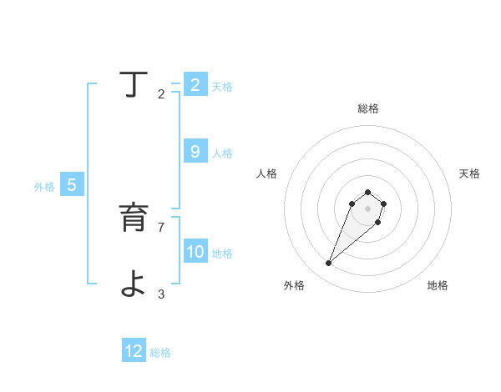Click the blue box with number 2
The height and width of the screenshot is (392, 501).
195,85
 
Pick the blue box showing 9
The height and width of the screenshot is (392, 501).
195,152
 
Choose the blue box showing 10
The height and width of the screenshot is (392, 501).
195,252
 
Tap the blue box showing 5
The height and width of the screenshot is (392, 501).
72,186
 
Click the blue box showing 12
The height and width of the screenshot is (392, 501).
134,352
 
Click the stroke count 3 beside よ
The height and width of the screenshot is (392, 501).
160,294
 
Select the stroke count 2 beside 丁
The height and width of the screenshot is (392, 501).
160,94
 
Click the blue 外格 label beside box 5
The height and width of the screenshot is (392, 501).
44,187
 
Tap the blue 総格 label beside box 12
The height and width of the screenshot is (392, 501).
160,353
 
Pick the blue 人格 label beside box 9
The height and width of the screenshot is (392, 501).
222,153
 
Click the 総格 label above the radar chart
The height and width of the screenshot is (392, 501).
368,108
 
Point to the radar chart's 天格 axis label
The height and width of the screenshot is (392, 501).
470,173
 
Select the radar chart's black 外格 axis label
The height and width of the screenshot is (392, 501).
294,285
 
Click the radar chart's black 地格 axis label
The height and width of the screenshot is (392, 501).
438,285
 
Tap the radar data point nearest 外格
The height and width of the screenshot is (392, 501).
328,264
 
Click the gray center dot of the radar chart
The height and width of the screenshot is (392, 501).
367,209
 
